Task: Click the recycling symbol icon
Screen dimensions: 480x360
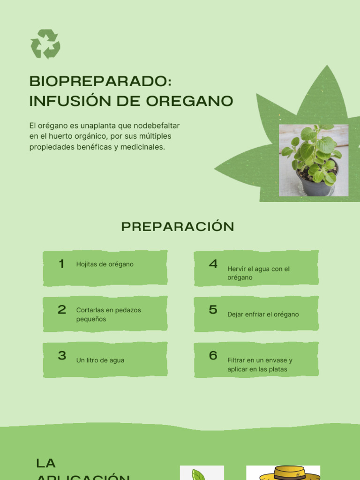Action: tap(45, 44)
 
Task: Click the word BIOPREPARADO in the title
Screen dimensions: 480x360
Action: tap(98, 81)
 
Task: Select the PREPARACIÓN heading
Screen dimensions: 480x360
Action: tap(178, 227)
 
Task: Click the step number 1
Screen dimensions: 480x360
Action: tap(61, 264)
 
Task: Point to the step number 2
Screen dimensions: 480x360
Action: tap(62, 310)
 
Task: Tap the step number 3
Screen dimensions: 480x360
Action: tap(62, 355)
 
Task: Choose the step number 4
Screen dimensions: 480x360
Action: tap(213, 264)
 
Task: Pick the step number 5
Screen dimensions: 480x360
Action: tap(213, 310)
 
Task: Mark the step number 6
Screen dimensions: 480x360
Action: tap(213, 356)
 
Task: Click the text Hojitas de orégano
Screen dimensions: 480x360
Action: tap(105, 264)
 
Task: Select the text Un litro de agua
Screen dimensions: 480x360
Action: tap(100, 360)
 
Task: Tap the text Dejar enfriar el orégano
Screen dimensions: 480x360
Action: tap(263, 315)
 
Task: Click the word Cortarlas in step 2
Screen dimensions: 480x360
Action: tap(89, 310)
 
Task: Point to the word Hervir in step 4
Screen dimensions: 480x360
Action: tap(236, 269)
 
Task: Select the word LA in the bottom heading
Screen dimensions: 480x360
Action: tap(46, 464)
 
